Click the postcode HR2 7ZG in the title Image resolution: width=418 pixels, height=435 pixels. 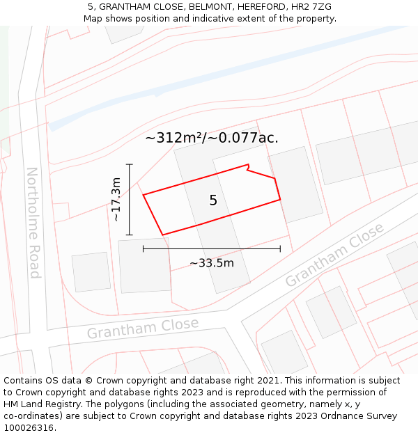tap(311, 7)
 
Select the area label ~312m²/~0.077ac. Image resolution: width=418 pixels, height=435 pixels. tap(212, 138)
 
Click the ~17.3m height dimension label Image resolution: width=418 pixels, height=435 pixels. tap(116, 199)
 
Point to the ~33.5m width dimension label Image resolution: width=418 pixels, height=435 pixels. tap(212, 263)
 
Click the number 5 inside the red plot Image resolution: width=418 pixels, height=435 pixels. tap(213, 200)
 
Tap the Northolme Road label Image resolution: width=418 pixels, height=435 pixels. tap(33, 222)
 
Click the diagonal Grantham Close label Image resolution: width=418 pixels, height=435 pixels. tap(334, 255)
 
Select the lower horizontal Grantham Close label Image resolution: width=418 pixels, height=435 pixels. tap(143, 328)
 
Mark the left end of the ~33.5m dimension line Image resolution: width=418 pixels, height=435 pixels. tap(144, 248)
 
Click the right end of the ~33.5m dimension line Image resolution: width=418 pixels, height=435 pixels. tap(280, 248)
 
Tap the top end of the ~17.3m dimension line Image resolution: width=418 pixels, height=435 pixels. tap(130, 164)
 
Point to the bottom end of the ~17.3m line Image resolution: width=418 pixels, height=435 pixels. tap(130, 235)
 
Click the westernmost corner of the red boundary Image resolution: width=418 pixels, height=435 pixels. tap(144, 195)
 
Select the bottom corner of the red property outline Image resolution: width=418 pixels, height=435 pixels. tap(162, 235)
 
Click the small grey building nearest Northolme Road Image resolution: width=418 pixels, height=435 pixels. tap(91, 271)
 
